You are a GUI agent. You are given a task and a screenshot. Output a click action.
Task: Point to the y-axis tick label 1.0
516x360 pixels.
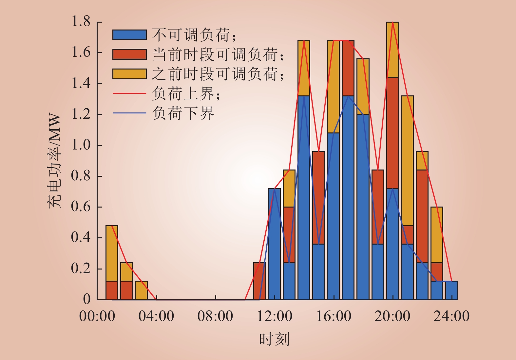click(x=81, y=145)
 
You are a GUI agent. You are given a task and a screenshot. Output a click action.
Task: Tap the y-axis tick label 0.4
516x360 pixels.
click(x=81, y=237)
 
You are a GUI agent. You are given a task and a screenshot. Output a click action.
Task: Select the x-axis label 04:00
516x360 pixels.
click(x=156, y=316)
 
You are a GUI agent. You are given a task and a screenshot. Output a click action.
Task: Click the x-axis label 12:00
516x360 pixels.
click(x=275, y=316)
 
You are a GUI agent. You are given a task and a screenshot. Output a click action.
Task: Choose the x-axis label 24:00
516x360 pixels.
click(x=451, y=316)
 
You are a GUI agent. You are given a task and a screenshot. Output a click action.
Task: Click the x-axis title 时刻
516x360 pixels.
click(x=274, y=339)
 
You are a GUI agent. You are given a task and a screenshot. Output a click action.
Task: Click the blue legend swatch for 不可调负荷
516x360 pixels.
click(x=129, y=35)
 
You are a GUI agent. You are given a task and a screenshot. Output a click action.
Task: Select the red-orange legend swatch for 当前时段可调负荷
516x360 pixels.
click(x=129, y=54)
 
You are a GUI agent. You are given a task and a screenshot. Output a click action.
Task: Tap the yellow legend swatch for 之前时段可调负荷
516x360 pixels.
click(x=129, y=74)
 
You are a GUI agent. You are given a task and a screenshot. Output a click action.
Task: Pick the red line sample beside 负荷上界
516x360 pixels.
click(x=129, y=93)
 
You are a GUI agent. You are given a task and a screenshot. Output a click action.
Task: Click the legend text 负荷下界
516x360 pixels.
click(x=183, y=113)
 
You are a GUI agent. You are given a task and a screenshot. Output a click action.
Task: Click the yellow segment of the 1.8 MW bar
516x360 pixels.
click(x=392, y=50)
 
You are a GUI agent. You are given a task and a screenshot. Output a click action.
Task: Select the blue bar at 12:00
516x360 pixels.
click(x=274, y=244)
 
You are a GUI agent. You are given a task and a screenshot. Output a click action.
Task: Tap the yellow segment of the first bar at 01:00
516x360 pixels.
click(x=112, y=253)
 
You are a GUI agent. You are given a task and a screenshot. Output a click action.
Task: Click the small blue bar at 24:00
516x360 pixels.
click(x=451, y=290)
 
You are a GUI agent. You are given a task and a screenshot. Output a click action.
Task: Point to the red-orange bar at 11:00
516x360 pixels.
click(x=259, y=281)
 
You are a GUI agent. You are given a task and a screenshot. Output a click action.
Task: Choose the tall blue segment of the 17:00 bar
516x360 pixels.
click(x=348, y=198)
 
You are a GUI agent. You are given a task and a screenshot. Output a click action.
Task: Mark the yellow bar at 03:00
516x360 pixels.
click(x=141, y=290)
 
